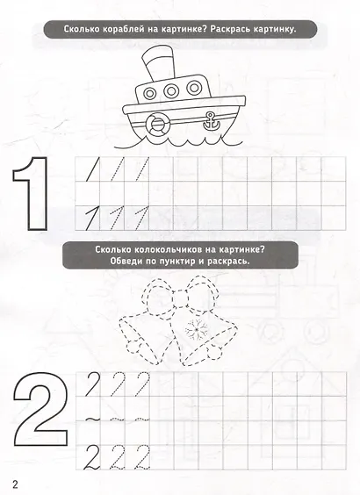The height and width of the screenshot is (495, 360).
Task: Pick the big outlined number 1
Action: click(x=32, y=193)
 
